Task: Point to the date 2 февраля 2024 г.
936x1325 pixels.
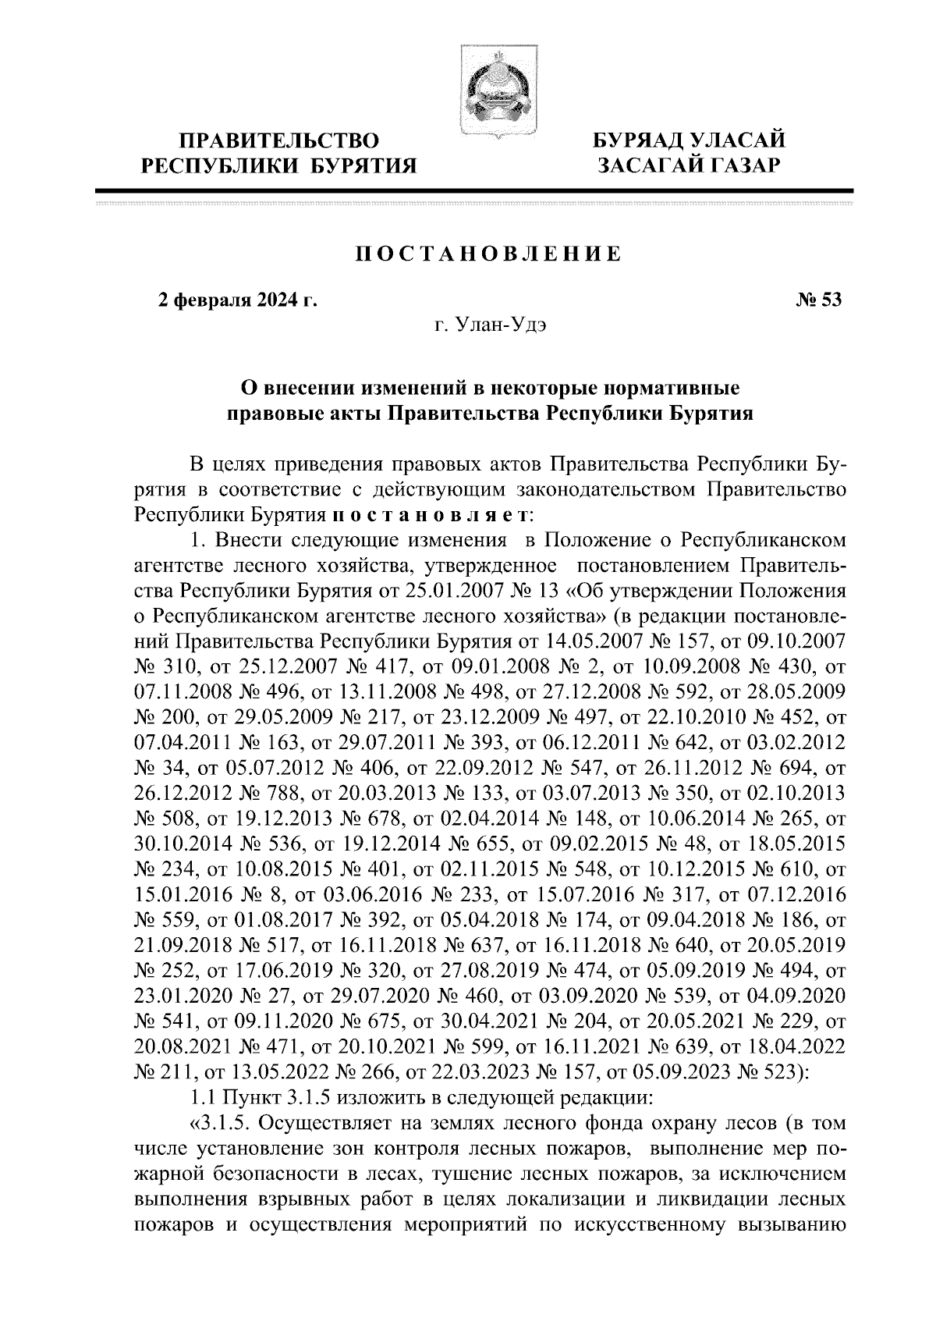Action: coord(239,300)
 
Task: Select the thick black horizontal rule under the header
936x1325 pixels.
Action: coord(474,190)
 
